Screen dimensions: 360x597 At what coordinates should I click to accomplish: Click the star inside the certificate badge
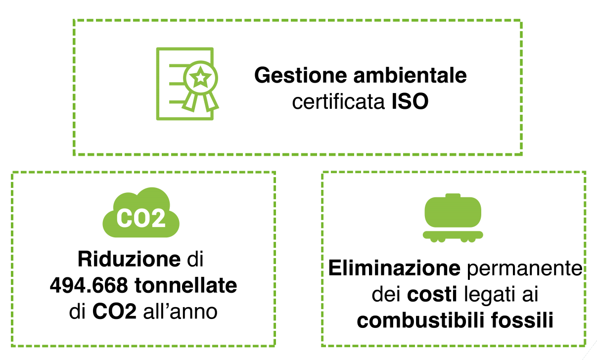[x=200, y=77]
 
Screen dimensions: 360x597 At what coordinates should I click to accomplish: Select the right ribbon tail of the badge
[x=211, y=102]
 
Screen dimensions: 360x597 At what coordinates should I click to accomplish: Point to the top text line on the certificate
[x=176, y=65]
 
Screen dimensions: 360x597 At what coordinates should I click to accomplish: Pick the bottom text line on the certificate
[x=176, y=102]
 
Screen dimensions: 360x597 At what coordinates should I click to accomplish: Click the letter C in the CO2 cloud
[x=125, y=218]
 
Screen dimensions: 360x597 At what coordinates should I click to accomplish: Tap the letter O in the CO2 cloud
[x=141, y=218]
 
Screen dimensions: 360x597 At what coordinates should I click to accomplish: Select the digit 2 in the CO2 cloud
[x=158, y=218]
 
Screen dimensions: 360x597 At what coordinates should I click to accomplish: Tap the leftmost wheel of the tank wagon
[x=434, y=240]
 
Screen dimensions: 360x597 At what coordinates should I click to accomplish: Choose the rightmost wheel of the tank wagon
[x=472, y=240]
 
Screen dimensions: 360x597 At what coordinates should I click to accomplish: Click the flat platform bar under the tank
[x=453, y=234]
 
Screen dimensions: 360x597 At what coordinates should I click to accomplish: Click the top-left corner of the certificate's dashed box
[x=74, y=21]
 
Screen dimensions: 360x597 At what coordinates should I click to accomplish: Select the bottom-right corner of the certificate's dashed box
[x=521, y=154]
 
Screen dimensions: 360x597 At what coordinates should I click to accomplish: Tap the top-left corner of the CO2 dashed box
[x=12, y=173]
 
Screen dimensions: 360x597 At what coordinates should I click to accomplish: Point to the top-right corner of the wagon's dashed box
[x=585, y=173]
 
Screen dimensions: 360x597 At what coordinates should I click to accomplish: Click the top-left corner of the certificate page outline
[x=157, y=48]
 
